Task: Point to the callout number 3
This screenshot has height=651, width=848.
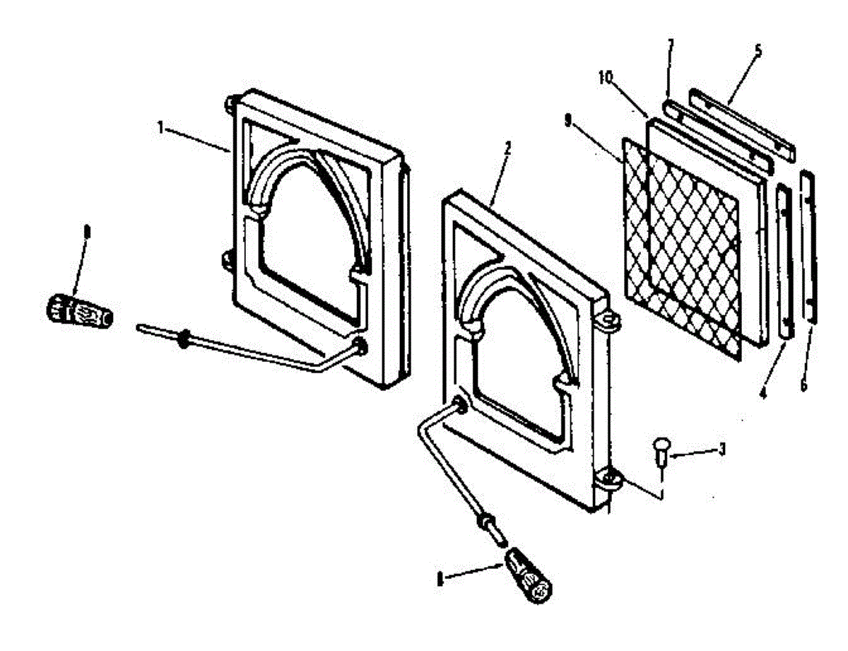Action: (722, 448)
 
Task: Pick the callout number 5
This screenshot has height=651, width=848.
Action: (758, 51)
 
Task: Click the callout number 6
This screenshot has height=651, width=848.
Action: (803, 385)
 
